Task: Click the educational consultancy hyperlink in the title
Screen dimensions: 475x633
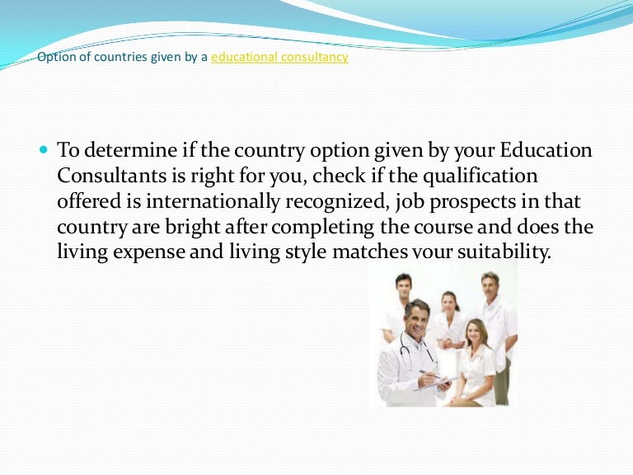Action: tap(279, 57)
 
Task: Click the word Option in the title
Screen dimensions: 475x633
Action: tap(54, 57)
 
